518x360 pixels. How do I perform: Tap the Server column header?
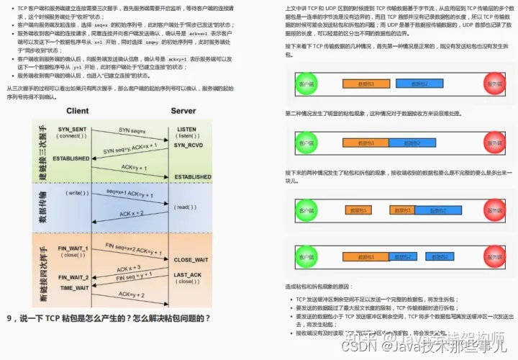click(x=183, y=111)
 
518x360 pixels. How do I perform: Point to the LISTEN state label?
click(x=186, y=128)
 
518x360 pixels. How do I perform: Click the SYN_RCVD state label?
click(x=188, y=145)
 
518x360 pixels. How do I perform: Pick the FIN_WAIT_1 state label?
click(x=73, y=248)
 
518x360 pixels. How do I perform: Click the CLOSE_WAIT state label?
click(x=191, y=259)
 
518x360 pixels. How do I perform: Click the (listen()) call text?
click(x=186, y=136)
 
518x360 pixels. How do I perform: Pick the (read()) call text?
click(x=185, y=207)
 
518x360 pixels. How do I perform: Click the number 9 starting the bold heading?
click(x=9, y=318)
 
